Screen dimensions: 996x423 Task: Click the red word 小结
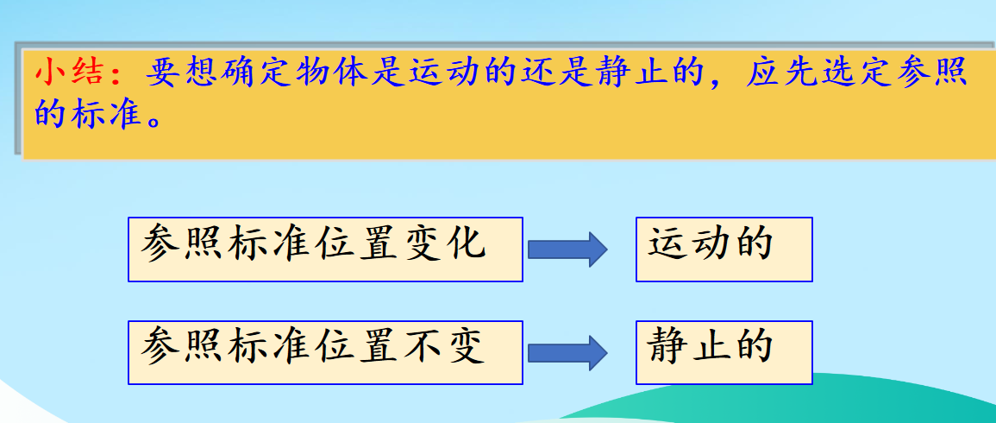coord(71,73)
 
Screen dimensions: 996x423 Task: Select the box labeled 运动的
coord(724,249)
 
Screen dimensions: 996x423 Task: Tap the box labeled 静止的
coord(724,352)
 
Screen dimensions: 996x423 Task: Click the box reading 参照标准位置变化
coord(325,249)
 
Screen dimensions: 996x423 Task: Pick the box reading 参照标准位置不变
coord(325,352)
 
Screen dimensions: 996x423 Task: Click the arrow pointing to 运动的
coord(568,249)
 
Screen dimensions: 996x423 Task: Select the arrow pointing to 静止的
coord(568,352)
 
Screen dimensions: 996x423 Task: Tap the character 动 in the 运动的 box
coord(711,243)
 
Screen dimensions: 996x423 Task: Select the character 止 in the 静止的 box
coord(711,346)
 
